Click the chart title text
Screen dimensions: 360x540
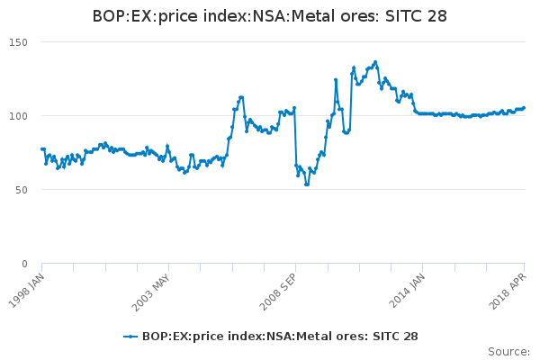pos(270,16)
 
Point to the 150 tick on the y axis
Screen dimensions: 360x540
pos(19,42)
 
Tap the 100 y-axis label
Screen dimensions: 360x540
pos(19,116)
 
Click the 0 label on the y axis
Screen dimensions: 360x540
pos(26,264)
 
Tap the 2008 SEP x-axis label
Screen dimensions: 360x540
pos(280,291)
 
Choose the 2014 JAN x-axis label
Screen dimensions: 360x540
pos(407,291)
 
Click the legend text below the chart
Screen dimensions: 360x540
pos(280,337)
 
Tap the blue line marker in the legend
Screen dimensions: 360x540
pos(130,337)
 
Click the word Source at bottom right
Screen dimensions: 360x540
pos(508,351)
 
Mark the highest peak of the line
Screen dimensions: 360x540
pos(375,62)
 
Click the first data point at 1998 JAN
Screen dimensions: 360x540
pos(42,149)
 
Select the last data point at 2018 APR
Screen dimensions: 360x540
pos(524,108)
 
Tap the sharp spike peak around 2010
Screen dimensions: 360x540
pos(336,79)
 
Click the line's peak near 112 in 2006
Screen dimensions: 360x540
pos(241,97)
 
